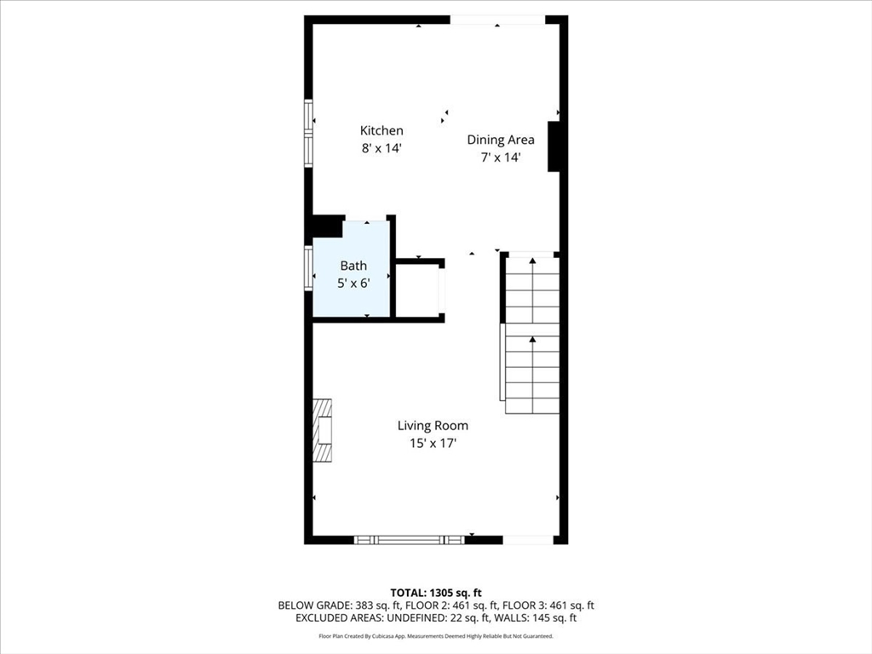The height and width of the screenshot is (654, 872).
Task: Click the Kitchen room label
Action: pyautogui.click(x=381, y=130)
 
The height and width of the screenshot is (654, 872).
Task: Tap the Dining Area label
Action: pyautogui.click(x=501, y=140)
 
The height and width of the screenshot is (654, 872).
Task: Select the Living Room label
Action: pyautogui.click(x=433, y=426)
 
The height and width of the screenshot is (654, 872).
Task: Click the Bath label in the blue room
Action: pyautogui.click(x=353, y=266)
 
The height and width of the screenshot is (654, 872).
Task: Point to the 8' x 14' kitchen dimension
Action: pyautogui.click(x=381, y=148)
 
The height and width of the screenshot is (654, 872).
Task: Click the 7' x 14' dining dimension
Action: pyautogui.click(x=501, y=158)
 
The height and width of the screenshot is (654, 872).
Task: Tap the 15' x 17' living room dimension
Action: pyautogui.click(x=433, y=443)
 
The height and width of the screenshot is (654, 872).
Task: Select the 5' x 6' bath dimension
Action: pyautogui.click(x=353, y=283)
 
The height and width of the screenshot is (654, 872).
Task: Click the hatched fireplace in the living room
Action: pyautogui.click(x=323, y=430)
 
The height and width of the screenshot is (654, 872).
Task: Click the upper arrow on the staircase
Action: pyautogui.click(x=532, y=261)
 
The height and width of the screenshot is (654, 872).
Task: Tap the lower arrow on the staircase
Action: pyautogui.click(x=532, y=339)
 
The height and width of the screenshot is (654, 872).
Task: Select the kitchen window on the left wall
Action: pyautogui.click(x=308, y=133)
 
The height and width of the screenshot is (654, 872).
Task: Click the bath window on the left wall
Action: pyautogui.click(x=308, y=268)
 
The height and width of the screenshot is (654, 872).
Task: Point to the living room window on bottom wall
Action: pyautogui.click(x=410, y=539)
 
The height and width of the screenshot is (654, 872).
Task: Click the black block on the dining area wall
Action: pyautogui.click(x=554, y=146)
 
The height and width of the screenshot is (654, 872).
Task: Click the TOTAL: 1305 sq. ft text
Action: pyautogui.click(x=436, y=593)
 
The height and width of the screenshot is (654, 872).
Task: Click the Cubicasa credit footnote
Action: pyautogui.click(x=436, y=635)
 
